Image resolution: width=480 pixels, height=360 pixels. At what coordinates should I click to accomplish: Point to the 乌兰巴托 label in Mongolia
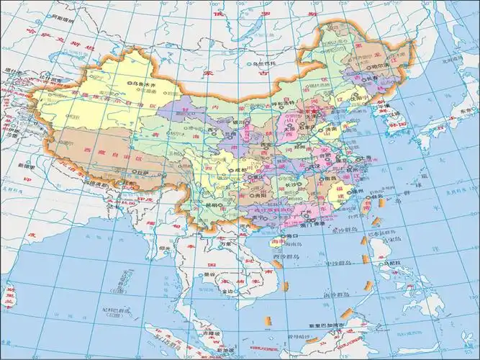click(266, 63)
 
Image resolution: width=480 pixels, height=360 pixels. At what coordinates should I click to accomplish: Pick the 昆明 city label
click(212, 204)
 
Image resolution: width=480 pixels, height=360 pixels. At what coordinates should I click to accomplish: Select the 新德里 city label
click(22, 165)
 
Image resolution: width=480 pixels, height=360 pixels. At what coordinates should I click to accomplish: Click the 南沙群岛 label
click(337, 295)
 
